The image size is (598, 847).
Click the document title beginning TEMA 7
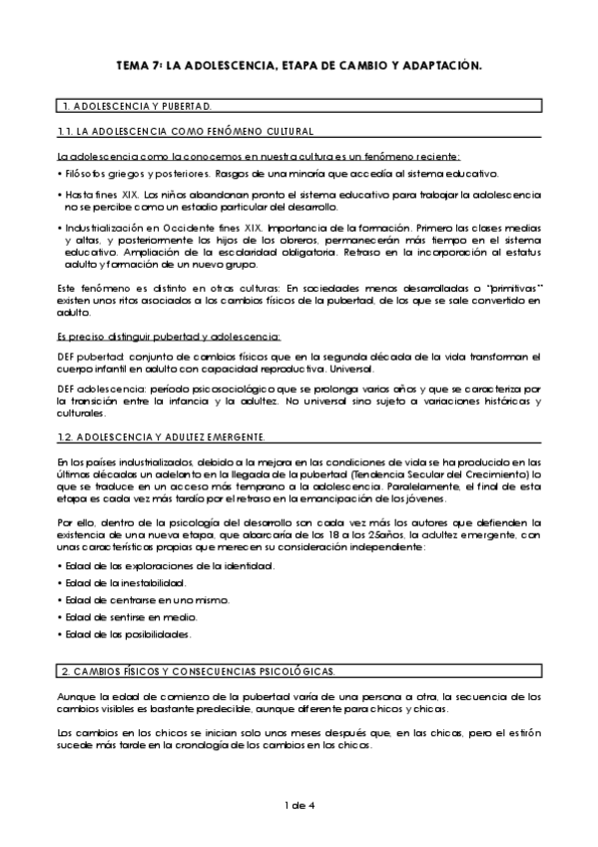pyautogui.click(x=299, y=65)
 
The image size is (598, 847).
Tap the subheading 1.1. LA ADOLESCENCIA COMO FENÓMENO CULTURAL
pyautogui.click(x=187, y=132)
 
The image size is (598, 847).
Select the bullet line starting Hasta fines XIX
pyautogui.click(x=299, y=194)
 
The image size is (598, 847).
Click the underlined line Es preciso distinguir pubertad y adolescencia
pyautogui.click(x=170, y=336)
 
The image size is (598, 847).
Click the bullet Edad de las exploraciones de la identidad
pyautogui.click(x=168, y=566)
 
